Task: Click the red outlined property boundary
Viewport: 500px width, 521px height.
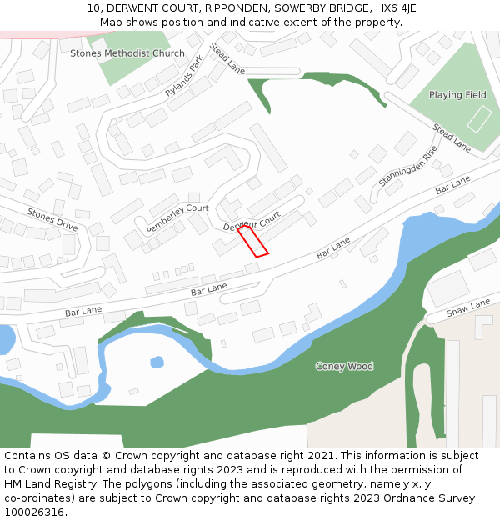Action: (253, 241)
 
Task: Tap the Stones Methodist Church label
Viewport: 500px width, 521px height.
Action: (127, 53)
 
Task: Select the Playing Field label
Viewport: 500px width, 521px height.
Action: (457, 95)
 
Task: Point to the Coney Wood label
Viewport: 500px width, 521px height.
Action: (344, 366)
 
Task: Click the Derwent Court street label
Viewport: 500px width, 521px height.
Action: (252, 222)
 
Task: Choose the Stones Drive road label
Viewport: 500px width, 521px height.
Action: (52, 220)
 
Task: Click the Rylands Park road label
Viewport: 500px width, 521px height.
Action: (184, 77)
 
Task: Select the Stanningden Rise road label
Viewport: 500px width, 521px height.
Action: (407, 166)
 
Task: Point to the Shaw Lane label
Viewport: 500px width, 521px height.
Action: (468, 309)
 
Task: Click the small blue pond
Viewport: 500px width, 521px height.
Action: (157, 362)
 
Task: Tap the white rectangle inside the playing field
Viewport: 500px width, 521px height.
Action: (479, 119)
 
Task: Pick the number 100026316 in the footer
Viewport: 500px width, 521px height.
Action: (34, 513)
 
